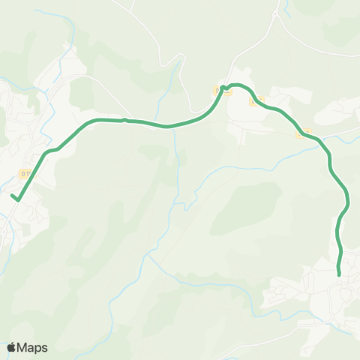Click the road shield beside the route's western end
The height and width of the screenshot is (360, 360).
click(x=25, y=174)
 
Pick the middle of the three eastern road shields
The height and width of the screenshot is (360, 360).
click(x=257, y=101)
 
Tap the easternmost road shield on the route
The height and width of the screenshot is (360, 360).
click(x=304, y=133)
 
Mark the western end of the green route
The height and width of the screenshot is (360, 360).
click(x=13, y=197)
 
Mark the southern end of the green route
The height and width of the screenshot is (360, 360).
click(x=340, y=274)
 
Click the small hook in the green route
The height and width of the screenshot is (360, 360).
click(x=224, y=88)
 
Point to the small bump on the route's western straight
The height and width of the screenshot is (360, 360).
click(x=124, y=118)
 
